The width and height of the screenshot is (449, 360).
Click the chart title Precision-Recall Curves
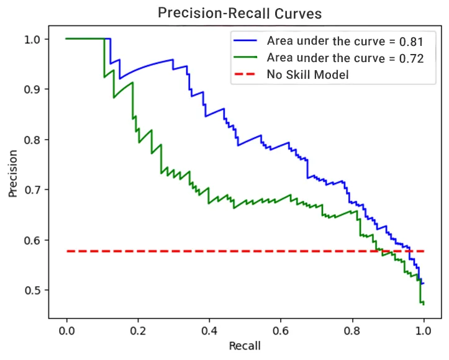(x=240, y=12)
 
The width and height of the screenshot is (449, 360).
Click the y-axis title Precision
(x=13, y=173)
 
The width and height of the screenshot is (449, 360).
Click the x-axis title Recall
(x=245, y=345)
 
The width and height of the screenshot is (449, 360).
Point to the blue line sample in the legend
(x=247, y=42)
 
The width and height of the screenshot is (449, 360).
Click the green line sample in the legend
(x=247, y=58)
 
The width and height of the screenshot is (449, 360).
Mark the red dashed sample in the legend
(x=247, y=75)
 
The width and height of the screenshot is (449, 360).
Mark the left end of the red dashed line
(x=67, y=251)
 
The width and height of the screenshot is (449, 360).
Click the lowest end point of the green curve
(x=424, y=304)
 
